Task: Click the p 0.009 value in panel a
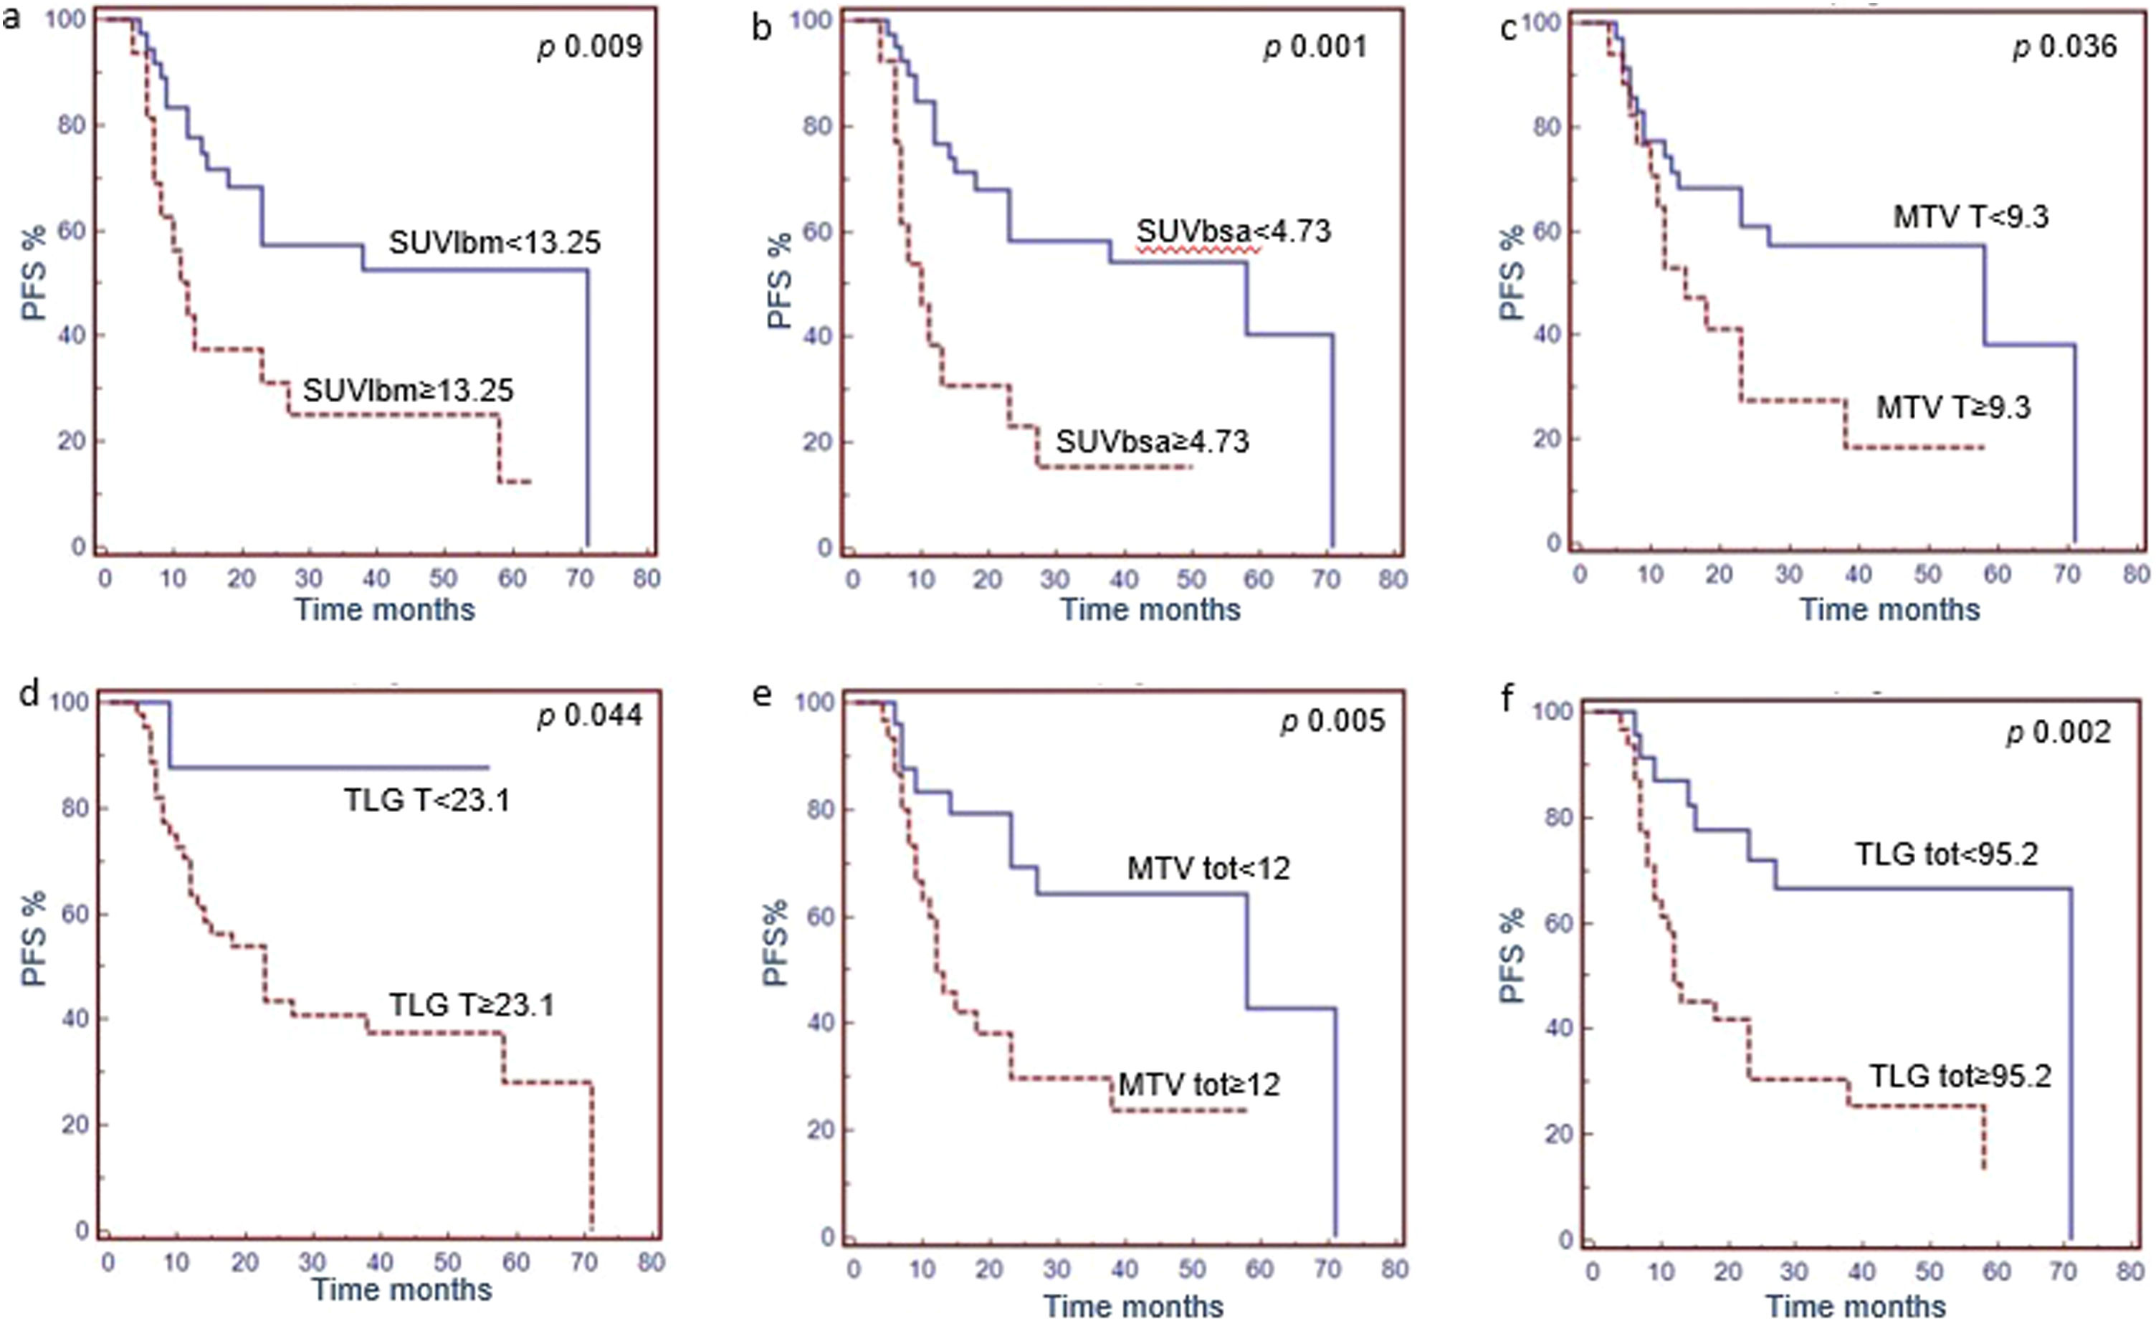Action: coord(589,47)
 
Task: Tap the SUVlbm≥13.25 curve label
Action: coord(408,390)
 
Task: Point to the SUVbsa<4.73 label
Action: coord(1233,232)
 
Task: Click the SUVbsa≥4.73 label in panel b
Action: coord(1151,441)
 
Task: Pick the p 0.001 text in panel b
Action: coord(1315,47)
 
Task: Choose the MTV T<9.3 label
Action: coord(1970,216)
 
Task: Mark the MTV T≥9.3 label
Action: coord(1952,407)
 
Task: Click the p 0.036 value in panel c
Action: coord(2065,47)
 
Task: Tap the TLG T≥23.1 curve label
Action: coord(471,1004)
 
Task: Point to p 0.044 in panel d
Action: coord(589,715)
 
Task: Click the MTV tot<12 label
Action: coord(1208,868)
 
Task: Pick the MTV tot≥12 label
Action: coord(1198,1085)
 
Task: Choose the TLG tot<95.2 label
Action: coord(1947,854)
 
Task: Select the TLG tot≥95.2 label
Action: coord(1960,1076)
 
